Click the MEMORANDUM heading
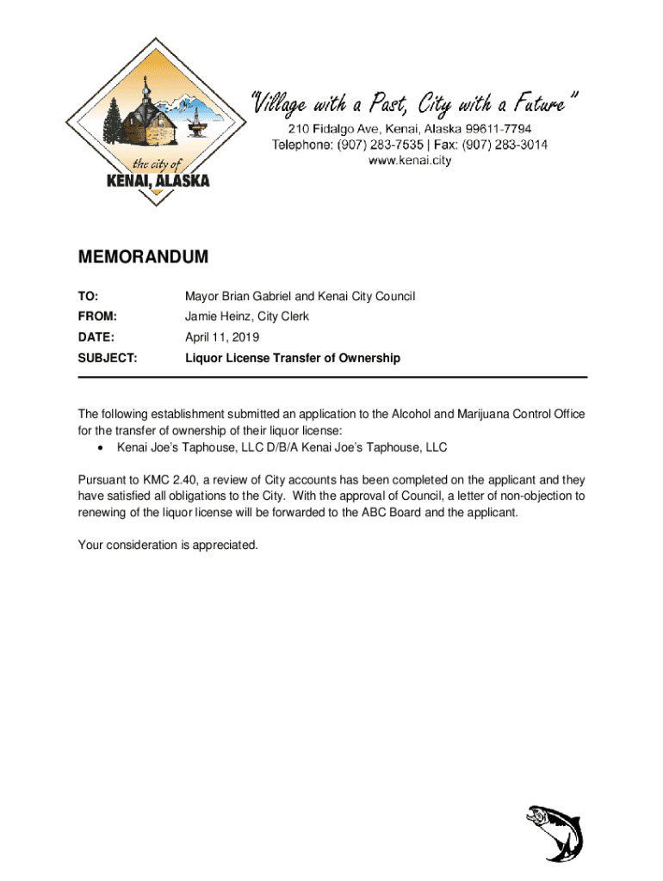click(144, 257)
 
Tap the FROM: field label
click(98, 317)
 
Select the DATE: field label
click(96, 337)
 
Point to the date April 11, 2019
click(222, 337)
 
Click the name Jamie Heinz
click(216, 317)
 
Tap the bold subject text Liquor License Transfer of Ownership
click(293, 358)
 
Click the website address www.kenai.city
click(410, 160)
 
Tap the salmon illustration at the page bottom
click(555, 832)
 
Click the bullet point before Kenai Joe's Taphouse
click(102, 448)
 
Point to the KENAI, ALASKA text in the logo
click(157, 182)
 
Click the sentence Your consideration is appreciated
click(168, 545)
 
